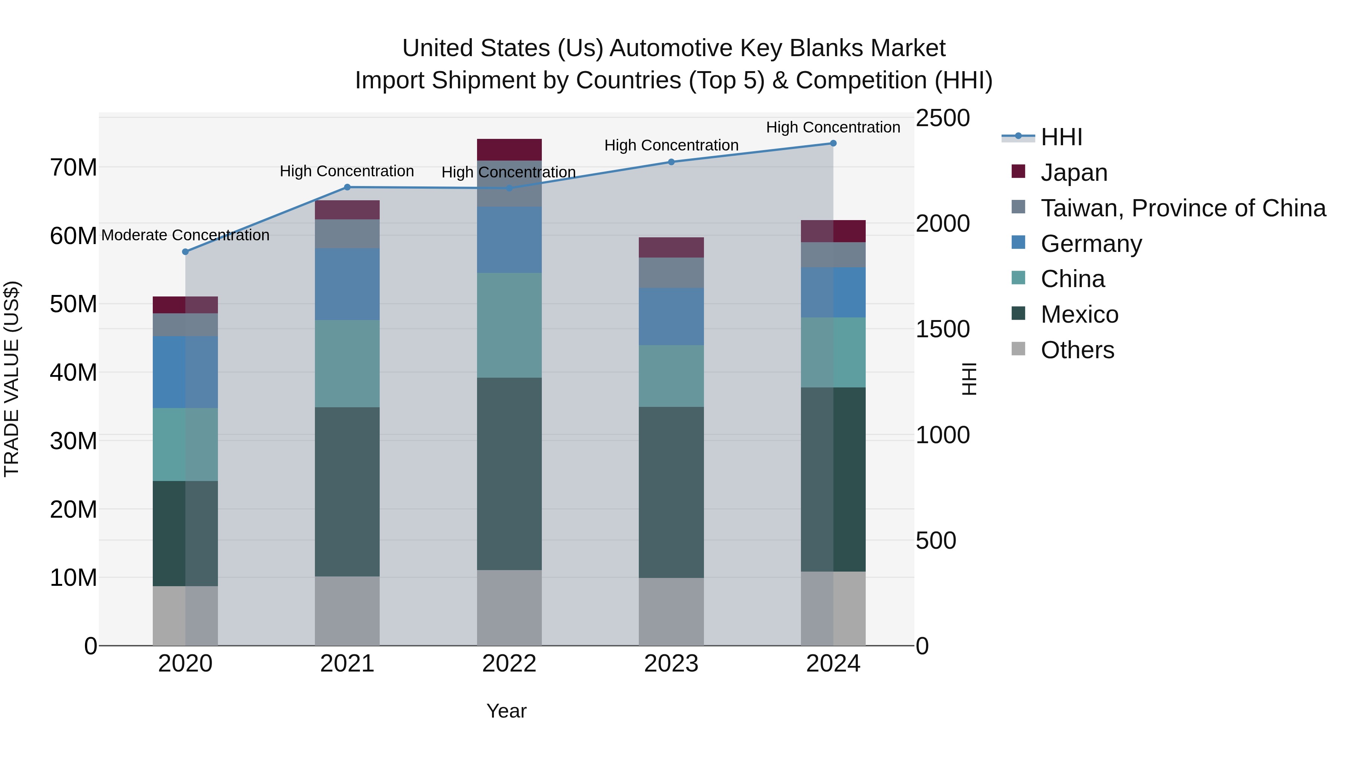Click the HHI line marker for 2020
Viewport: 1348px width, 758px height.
(185, 252)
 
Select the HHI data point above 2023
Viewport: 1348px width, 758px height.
(671, 162)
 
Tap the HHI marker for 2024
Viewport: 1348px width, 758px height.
(833, 143)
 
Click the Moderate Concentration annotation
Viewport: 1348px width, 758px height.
(185, 235)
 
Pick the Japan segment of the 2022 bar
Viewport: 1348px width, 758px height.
(509, 150)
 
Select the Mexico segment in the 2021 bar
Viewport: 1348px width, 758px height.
(347, 492)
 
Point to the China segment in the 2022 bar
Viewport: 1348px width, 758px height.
(509, 325)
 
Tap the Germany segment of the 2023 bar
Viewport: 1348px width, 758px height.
(671, 316)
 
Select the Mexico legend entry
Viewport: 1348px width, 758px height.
(1079, 314)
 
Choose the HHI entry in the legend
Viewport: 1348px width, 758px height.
(1061, 137)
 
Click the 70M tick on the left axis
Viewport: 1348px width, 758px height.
(73, 168)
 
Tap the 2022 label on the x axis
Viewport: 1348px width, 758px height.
(509, 664)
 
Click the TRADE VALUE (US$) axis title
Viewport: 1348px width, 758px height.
(12, 379)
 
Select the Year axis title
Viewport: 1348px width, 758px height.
(506, 711)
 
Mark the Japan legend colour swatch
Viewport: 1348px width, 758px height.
(1018, 171)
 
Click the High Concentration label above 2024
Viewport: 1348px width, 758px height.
(833, 127)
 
